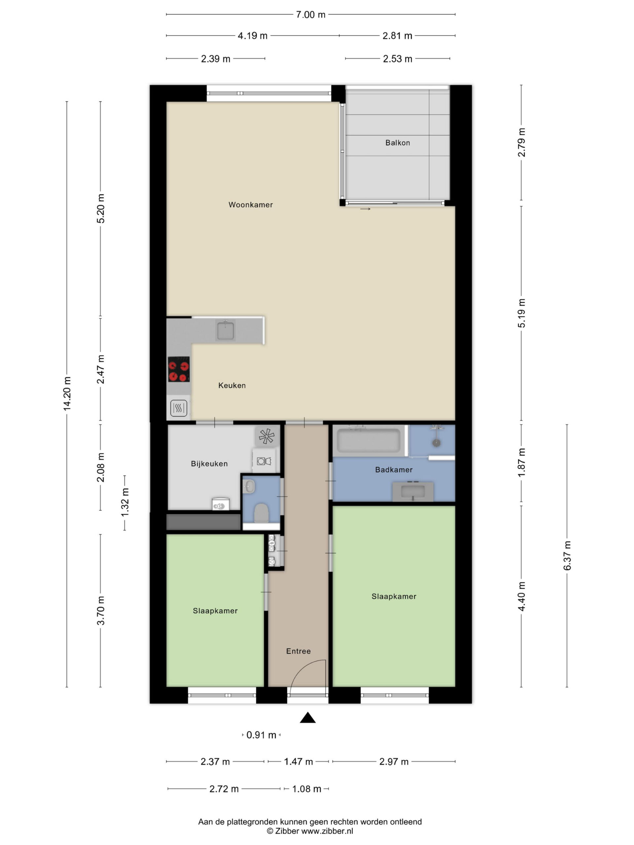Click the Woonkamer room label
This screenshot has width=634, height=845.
coord(250,205)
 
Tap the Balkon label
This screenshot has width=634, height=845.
coord(398,143)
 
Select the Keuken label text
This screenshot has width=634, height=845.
coord(231,386)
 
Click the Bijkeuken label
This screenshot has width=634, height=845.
coord(209,464)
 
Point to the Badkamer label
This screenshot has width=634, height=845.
coord(394,470)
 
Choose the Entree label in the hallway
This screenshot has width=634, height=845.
coord(298,651)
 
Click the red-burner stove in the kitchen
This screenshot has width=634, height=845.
coord(178,369)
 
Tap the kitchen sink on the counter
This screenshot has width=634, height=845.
coord(226,330)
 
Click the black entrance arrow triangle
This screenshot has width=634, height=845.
coord(308,718)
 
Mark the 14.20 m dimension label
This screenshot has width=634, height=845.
coord(67,394)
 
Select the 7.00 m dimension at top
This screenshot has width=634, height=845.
coord(310,15)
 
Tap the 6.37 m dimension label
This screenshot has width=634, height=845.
coord(567,556)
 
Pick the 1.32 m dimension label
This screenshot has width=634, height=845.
coord(124,502)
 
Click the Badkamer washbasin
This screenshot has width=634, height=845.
coord(413,491)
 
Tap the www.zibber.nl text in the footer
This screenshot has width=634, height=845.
coord(327,831)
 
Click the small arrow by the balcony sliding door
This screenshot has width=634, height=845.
coord(365,209)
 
